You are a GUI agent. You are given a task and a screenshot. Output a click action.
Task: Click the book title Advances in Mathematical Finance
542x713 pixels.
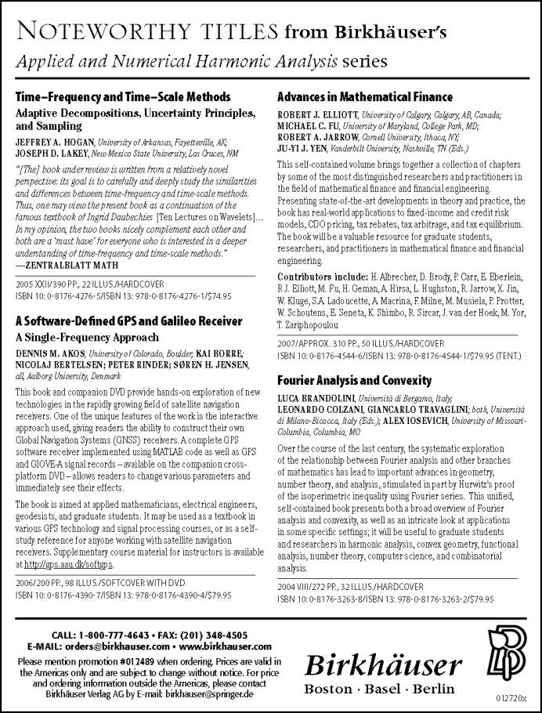[x=365, y=97]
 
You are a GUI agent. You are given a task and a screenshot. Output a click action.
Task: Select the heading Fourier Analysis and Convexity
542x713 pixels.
[x=354, y=380]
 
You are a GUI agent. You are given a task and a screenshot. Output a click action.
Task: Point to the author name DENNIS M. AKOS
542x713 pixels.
[x=50, y=352]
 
